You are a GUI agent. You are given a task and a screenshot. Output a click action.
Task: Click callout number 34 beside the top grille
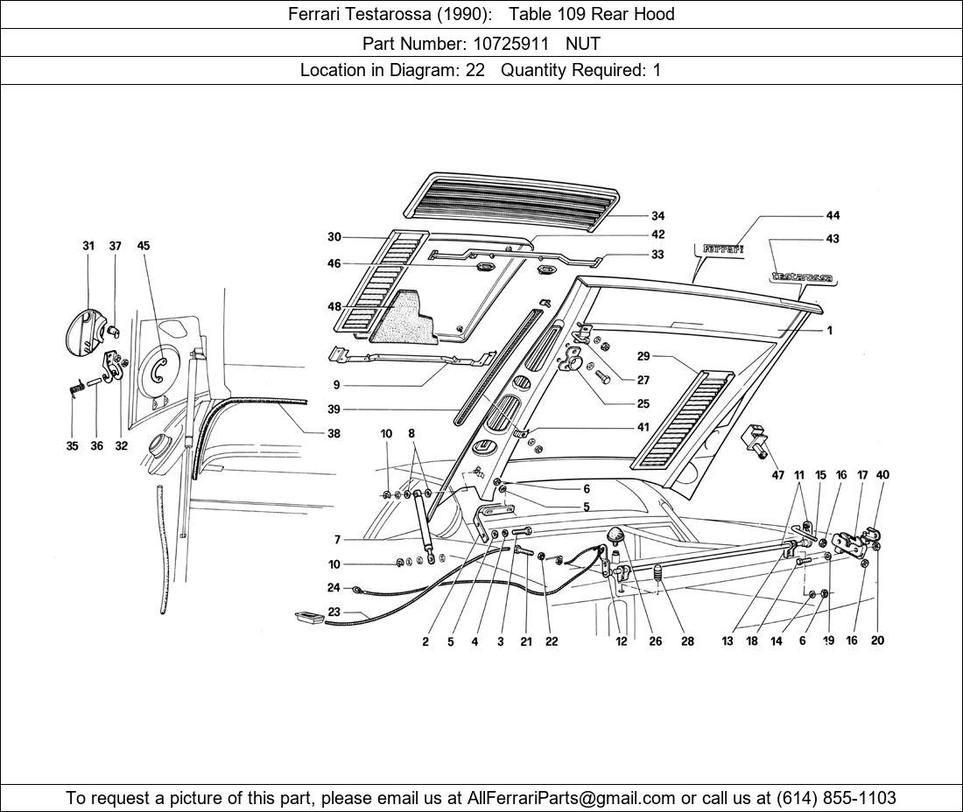[657, 216]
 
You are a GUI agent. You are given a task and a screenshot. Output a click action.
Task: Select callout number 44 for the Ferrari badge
[833, 215]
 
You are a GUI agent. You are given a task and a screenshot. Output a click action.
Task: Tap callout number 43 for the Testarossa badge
[833, 239]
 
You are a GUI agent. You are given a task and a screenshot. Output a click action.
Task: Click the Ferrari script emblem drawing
[723, 249]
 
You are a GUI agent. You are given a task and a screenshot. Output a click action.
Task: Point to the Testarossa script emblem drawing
[800, 278]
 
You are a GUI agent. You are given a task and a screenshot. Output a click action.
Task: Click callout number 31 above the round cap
[88, 246]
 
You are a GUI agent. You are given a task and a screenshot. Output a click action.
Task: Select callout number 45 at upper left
[144, 246]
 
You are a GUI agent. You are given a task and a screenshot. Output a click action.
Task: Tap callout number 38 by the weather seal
[334, 433]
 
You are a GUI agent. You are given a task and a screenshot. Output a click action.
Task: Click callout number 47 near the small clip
[778, 474]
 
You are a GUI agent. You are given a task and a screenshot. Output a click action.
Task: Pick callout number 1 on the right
[829, 331]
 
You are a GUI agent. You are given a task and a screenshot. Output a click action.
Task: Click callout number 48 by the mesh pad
[334, 307]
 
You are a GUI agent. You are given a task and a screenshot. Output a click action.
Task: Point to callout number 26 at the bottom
[656, 641]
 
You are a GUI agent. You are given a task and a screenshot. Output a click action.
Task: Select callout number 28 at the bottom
[687, 641]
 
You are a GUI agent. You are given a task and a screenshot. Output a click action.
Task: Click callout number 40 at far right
[882, 475]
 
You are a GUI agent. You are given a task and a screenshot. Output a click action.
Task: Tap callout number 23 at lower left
[334, 612]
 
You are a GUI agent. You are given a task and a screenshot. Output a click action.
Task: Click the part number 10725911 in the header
[502, 42]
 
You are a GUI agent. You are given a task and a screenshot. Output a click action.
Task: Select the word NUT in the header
[583, 42]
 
